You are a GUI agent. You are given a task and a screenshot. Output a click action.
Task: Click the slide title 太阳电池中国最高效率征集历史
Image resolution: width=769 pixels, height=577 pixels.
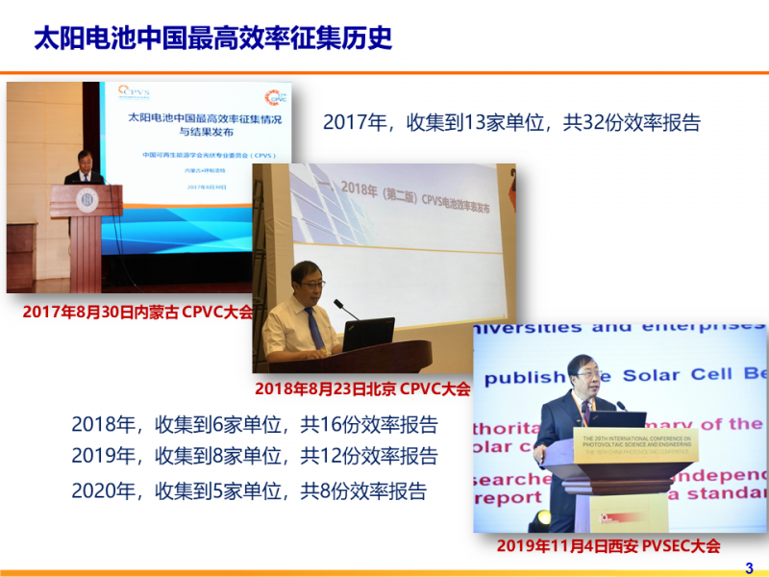212,38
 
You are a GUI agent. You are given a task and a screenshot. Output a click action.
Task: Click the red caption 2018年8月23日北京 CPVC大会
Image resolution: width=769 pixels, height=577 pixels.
362,389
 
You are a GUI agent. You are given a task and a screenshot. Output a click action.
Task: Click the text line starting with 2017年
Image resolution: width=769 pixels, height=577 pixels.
511,122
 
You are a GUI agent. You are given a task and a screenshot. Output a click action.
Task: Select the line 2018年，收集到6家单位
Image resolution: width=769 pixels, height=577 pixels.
254,424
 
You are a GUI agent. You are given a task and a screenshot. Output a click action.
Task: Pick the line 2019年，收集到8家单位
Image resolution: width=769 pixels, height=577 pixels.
254,456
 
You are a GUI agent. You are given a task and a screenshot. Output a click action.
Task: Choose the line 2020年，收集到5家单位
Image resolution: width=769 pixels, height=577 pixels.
249,489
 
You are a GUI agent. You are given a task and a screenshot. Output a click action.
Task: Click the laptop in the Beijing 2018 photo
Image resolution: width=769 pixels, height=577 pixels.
368,334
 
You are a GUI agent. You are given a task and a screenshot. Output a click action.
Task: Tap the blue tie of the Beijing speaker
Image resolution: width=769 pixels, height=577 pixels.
314,328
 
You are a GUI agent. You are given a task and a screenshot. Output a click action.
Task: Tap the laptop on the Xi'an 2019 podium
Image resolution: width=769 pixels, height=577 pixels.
617,419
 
